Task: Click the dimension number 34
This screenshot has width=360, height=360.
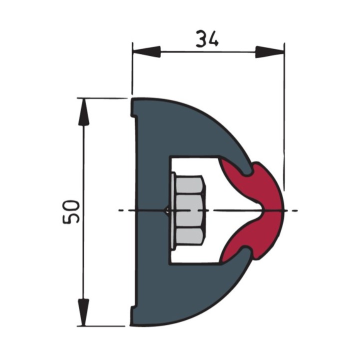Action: pos(207,39)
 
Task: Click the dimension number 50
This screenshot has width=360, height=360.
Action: pos(71,211)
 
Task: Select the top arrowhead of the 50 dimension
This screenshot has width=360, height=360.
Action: pos(83,112)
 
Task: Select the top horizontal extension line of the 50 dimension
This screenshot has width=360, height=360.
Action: pos(102,98)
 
